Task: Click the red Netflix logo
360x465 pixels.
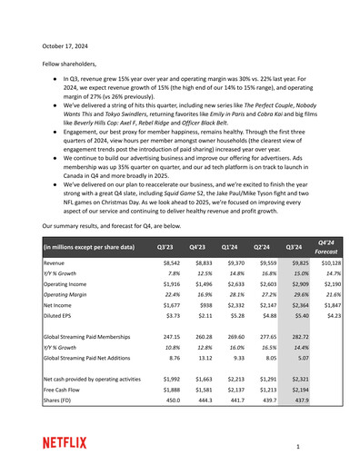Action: (65, 442)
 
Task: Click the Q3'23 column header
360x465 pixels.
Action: (167, 246)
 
